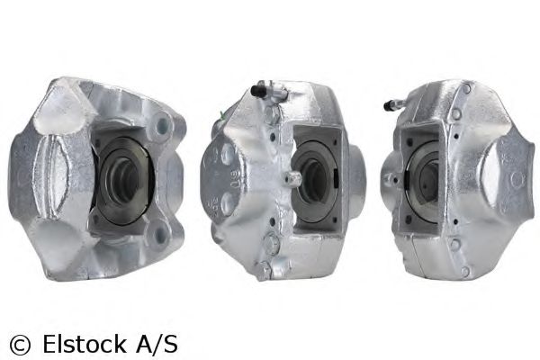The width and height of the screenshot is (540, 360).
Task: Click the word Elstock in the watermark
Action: click(86, 343)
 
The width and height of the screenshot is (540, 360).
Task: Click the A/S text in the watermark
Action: click(158, 343)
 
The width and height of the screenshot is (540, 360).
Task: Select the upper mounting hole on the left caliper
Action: click(161, 125)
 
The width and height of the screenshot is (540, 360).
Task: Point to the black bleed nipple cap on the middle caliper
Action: click(259, 89)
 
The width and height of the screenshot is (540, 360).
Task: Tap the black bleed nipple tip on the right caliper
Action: click(388, 104)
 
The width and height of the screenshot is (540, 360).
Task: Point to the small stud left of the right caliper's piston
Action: click(391, 177)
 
